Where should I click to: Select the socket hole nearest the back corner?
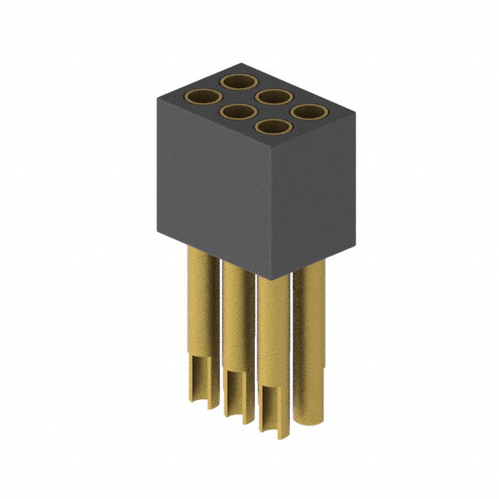[x=239, y=81]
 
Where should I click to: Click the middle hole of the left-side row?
[x=239, y=113]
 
